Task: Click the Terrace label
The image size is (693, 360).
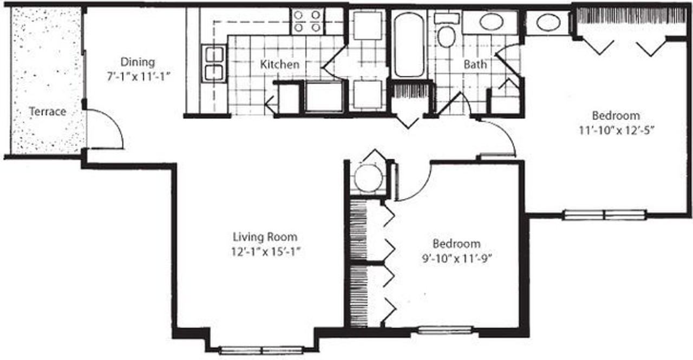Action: (x=47, y=112)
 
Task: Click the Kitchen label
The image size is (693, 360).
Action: (x=279, y=64)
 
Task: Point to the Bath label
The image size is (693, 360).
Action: (x=475, y=64)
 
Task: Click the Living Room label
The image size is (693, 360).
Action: (x=265, y=237)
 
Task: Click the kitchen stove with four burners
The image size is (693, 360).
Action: (x=307, y=22)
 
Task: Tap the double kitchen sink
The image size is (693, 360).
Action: (x=214, y=63)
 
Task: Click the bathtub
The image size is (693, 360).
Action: (x=409, y=44)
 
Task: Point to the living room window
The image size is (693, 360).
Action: (x=261, y=350)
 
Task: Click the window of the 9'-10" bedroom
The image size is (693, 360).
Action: (x=445, y=329)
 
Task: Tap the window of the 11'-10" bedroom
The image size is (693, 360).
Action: (x=604, y=215)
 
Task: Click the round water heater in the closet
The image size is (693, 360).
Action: (x=368, y=178)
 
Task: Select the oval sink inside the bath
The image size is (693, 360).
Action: (x=491, y=22)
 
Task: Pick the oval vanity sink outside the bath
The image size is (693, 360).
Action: (x=548, y=23)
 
